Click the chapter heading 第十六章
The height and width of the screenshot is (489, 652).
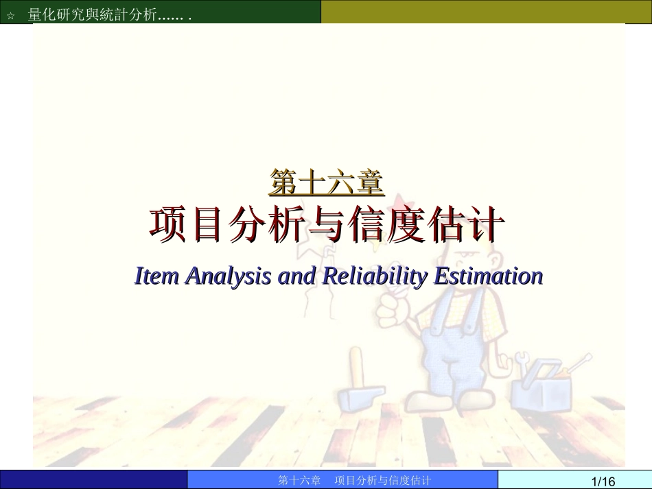(x=326, y=182)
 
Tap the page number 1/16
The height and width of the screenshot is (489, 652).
(x=603, y=481)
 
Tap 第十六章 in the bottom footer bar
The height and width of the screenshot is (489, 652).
(x=300, y=480)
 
